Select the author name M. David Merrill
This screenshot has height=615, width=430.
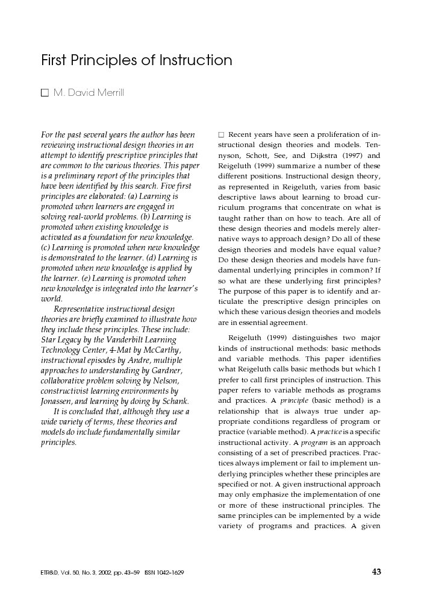tap(89, 93)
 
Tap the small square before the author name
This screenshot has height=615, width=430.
tap(44, 93)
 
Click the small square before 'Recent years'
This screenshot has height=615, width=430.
tap(221, 134)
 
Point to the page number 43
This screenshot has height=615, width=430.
tap(376, 572)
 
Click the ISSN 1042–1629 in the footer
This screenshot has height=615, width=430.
tap(164, 573)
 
